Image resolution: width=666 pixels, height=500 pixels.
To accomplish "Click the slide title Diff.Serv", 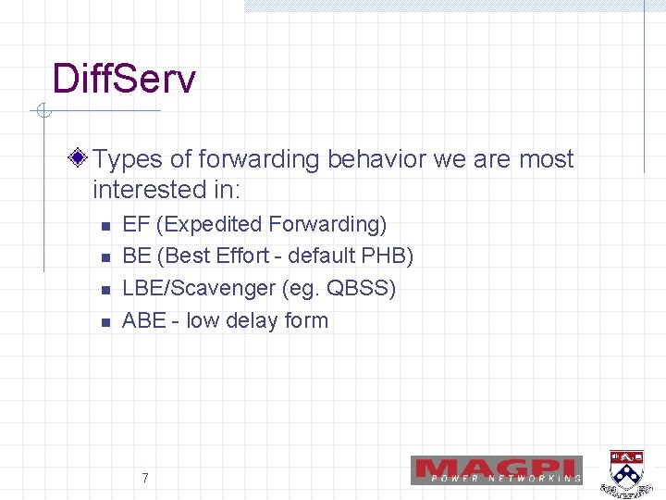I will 124,79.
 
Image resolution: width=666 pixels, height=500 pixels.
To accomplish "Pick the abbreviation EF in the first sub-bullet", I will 136,224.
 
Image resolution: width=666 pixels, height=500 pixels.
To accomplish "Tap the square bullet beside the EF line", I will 105,226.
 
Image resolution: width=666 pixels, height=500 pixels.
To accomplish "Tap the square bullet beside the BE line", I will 105,258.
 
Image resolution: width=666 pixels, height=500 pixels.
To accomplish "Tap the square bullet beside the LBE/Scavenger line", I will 105,291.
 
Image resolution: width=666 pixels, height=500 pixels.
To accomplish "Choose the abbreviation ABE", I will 143,320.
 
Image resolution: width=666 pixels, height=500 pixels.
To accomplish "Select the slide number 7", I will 145,478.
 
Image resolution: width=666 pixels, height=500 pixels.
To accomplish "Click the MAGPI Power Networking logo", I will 497,470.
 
